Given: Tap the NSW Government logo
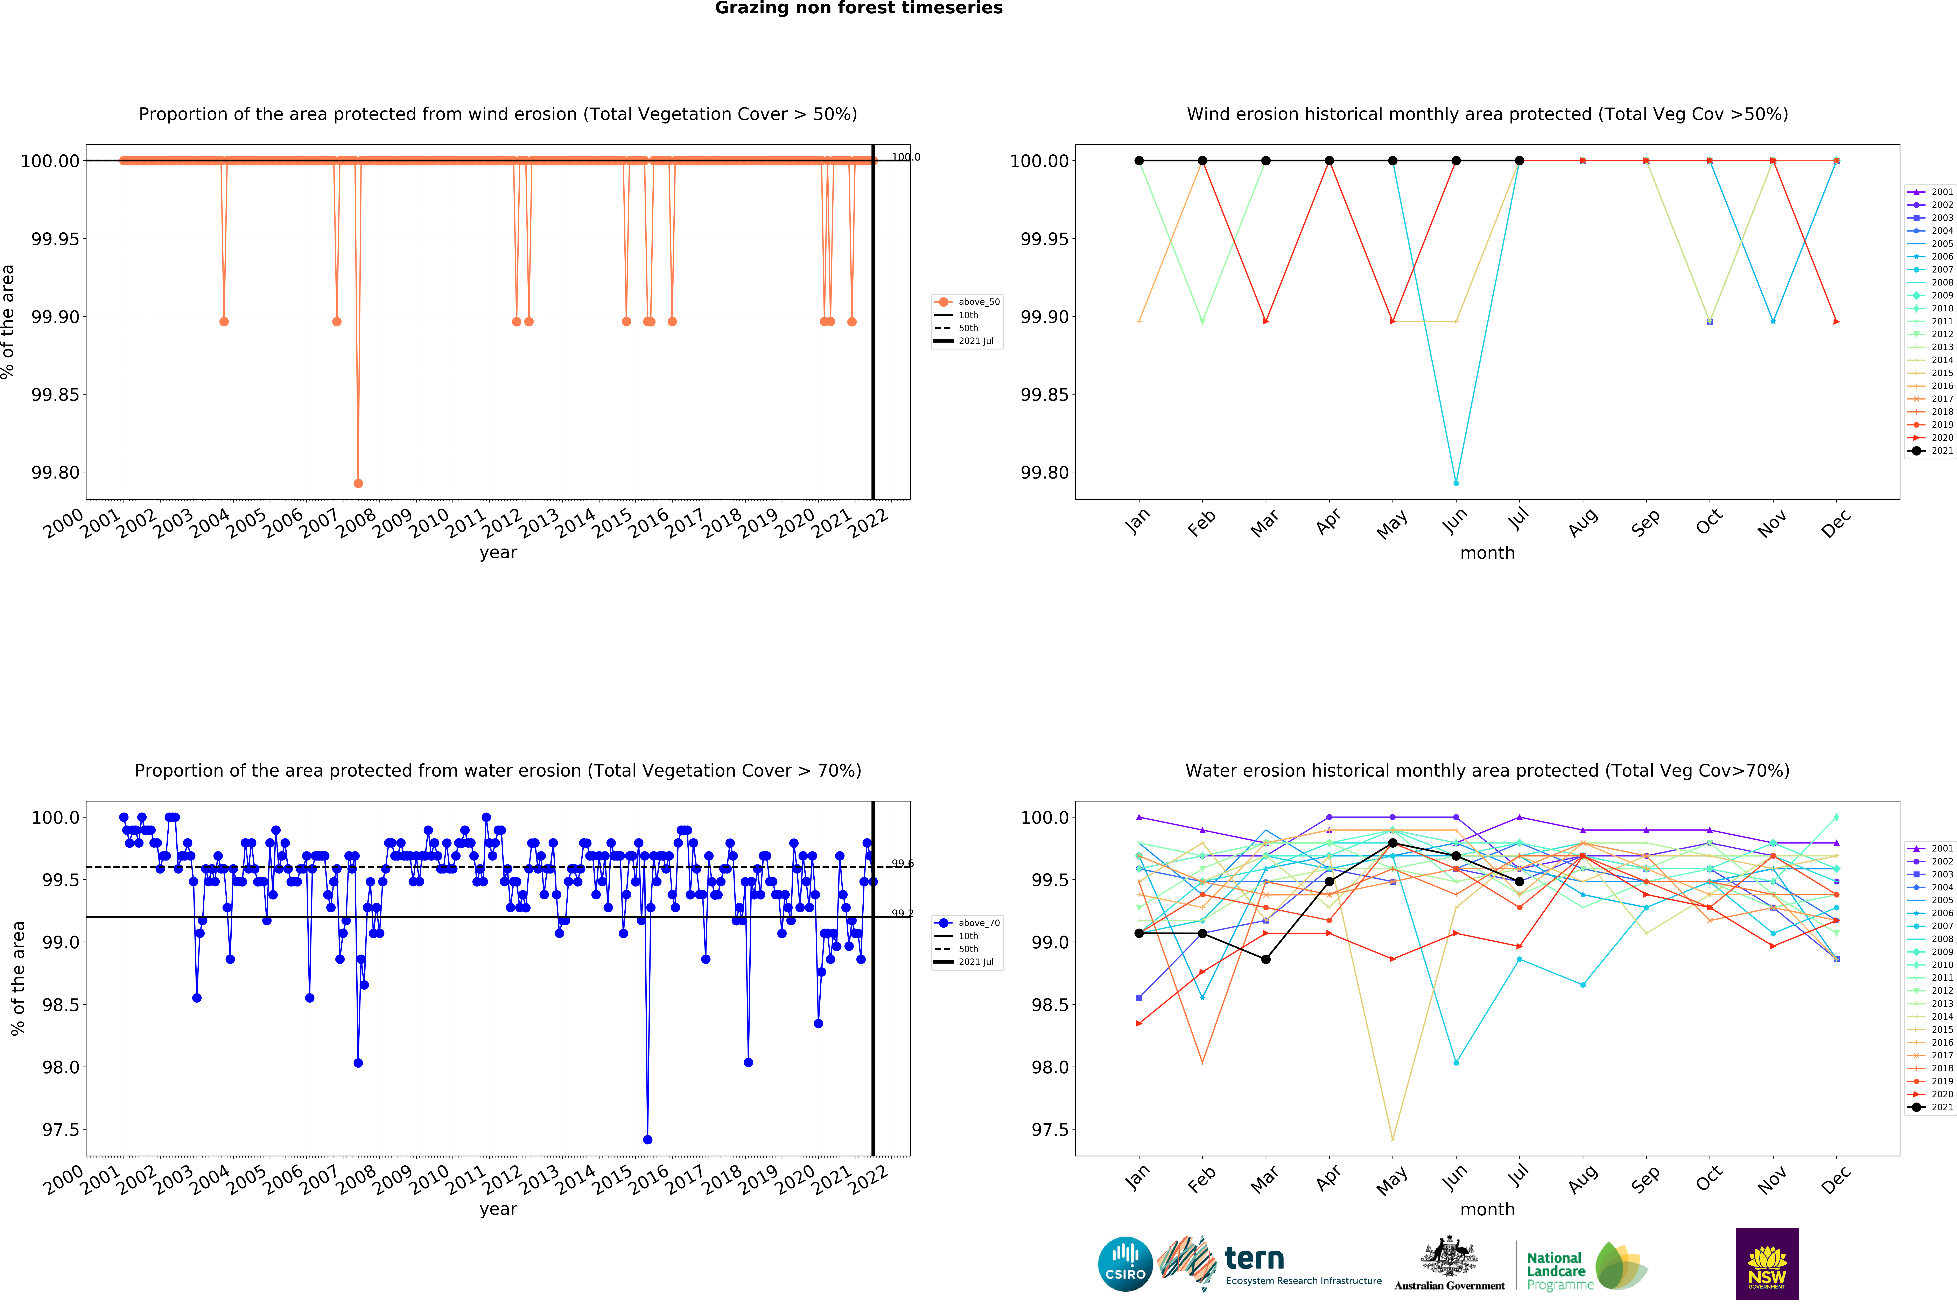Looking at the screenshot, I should pos(1767,1264).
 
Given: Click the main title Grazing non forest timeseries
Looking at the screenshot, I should pos(858,8).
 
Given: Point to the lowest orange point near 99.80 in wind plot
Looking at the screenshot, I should pos(358,483).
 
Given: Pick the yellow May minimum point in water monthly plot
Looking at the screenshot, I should pos(1393,1140).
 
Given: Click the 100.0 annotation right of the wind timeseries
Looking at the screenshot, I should pos(905,157).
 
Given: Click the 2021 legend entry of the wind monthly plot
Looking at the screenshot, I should pos(1929,450).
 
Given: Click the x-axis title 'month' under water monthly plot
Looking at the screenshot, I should pos(1487,1209).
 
